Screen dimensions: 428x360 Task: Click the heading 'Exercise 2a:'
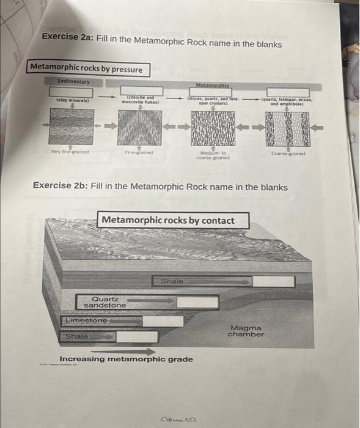65,44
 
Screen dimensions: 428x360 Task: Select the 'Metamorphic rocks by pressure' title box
86,69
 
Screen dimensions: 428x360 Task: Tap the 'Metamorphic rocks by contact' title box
167,220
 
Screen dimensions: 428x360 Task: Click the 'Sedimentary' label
73,81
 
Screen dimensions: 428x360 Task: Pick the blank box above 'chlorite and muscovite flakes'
142,90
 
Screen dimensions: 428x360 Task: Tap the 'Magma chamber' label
246,331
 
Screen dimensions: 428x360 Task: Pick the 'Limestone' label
86,320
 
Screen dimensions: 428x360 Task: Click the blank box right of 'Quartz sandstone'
197,302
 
